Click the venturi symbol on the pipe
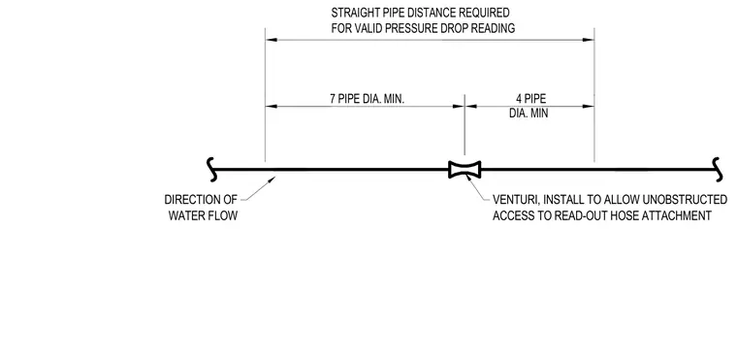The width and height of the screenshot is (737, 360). [x=465, y=170]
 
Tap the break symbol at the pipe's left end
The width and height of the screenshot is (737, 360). [x=212, y=170]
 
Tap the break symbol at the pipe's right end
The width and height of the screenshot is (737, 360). [x=717, y=170]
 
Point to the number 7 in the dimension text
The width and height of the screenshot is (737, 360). [x=333, y=99]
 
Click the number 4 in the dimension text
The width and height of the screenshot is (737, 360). [x=519, y=99]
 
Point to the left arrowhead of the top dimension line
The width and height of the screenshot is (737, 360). [x=272, y=40]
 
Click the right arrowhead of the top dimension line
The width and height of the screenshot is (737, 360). [x=589, y=40]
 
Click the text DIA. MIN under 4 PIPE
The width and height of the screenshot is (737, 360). [x=529, y=114]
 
